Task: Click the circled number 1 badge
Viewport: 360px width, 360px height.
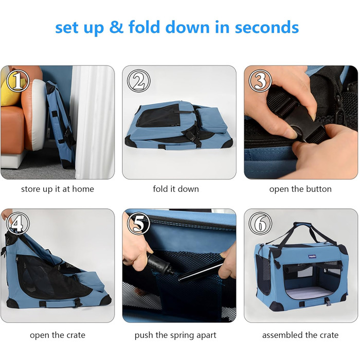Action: point(17,81)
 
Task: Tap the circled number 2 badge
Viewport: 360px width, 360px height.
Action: point(139,81)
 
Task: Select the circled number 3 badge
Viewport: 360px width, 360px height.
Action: point(260,81)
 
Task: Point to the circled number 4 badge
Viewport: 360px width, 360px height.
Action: point(17,223)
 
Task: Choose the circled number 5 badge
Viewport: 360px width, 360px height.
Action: point(139,223)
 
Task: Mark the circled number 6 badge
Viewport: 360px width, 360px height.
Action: point(260,223)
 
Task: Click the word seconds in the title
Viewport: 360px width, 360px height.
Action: point(267,27)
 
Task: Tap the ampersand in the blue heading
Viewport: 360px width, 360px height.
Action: point(116,27)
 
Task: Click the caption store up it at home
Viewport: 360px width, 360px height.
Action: point(58,189)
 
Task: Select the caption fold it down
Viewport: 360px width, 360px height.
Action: point(176,189)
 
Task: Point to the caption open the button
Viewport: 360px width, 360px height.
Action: point(300,189)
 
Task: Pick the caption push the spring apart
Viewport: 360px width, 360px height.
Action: point(175,335)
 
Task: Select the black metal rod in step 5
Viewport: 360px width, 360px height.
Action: point(201,271)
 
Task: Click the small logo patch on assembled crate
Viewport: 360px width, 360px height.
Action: point(312,257)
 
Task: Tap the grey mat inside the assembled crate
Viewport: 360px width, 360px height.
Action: point(308,293)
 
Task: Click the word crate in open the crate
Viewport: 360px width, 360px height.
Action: point(75,335)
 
